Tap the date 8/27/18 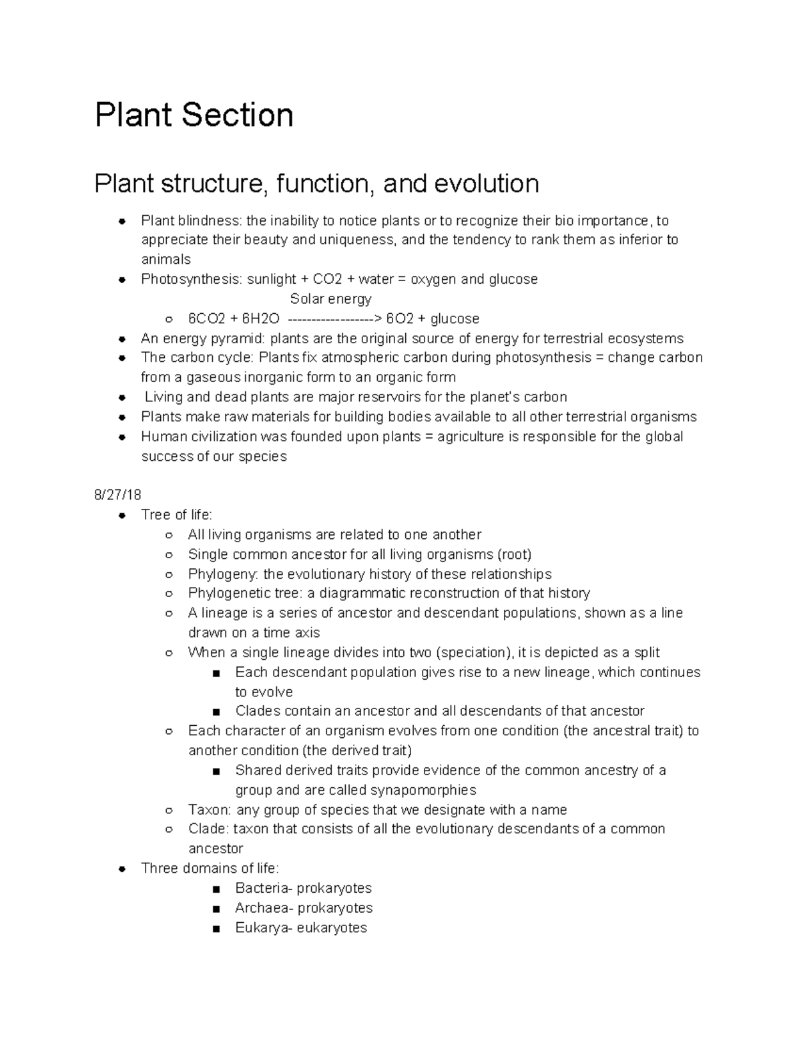click(117, 495)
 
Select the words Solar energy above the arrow click(330, 298)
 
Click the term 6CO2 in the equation click(207, 319)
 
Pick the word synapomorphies click(423, 790)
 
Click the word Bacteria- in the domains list click(264, 888)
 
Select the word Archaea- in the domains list click(264, 908)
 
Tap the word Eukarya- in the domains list click(262, 927)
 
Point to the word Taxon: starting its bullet click(210, 810)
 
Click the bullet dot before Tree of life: click(121, 515)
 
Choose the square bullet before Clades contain click(215, 712)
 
